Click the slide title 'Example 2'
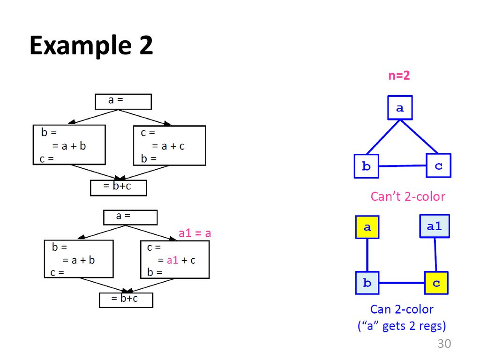[x=91, y=46]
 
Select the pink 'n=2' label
[x=399, y=75]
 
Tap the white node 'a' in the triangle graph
[x=400, y=108]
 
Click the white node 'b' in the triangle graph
[x=366, y=166]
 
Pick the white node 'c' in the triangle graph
[x=438, y=165]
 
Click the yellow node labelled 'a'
[x=367, y=227]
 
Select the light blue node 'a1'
[x=434, y=226]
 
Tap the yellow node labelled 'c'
[x=436, y=283]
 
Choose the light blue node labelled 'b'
[x=367, y=283]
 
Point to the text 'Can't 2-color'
[x=408, y=196]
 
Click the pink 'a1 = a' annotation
[x=195, y=233]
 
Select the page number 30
[x=443, y=344]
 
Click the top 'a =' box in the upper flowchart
[x=123, y=101]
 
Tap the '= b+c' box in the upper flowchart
[x=118, y=187]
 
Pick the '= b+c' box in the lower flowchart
[x=126, y=300]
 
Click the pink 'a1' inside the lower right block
[x=173, y=260]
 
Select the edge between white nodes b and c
[x=402, y=166]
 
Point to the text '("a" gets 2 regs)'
[x=401, y=326]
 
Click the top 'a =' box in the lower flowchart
[x=130, y=217]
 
